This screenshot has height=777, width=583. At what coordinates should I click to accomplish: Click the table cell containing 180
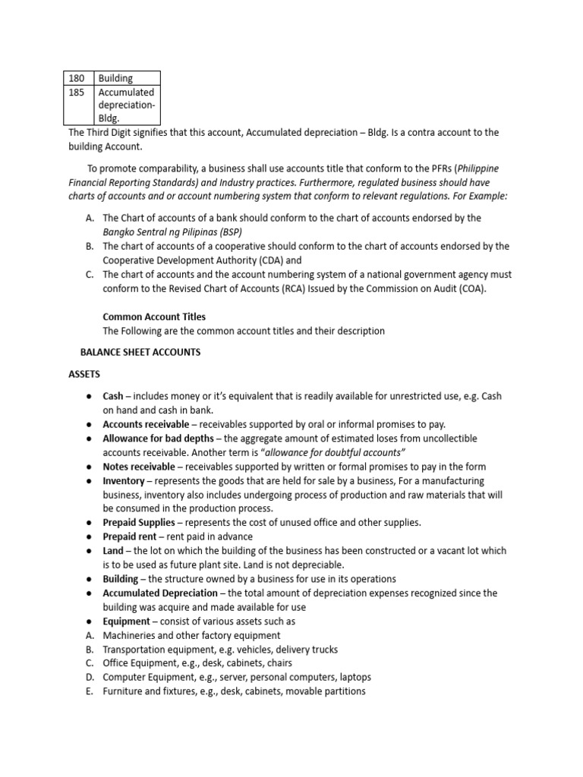point(77,78)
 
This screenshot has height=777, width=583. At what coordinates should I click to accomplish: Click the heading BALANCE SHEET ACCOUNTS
point(140,352)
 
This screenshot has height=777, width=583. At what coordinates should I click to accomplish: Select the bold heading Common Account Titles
point(153,316)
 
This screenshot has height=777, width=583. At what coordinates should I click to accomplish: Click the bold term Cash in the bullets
point(112,397)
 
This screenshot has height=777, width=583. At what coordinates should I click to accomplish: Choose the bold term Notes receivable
point(137,467)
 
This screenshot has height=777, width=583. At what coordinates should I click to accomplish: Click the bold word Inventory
point(123,481)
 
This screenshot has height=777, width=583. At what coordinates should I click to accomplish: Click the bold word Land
point(112,551)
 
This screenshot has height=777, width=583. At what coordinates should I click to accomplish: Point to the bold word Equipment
point(127,621)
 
